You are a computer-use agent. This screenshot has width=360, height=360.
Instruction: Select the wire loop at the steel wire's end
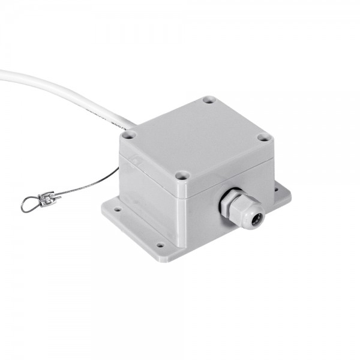pyautogui.click(x=28, y=205)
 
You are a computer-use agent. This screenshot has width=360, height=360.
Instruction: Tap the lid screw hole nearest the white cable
pyautogui.click(x=128, y=136)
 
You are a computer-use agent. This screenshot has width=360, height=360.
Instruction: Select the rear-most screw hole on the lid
pyautogui.click(x=208, y=100)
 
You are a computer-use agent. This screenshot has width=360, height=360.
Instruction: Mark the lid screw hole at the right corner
pyautogui.click(x=263, y=137)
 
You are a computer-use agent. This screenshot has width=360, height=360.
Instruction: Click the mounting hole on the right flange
pyautogui.click(x=277, y=190)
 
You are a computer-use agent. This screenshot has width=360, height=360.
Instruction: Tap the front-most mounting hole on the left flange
pyautogui.click(x=160, y=245)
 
